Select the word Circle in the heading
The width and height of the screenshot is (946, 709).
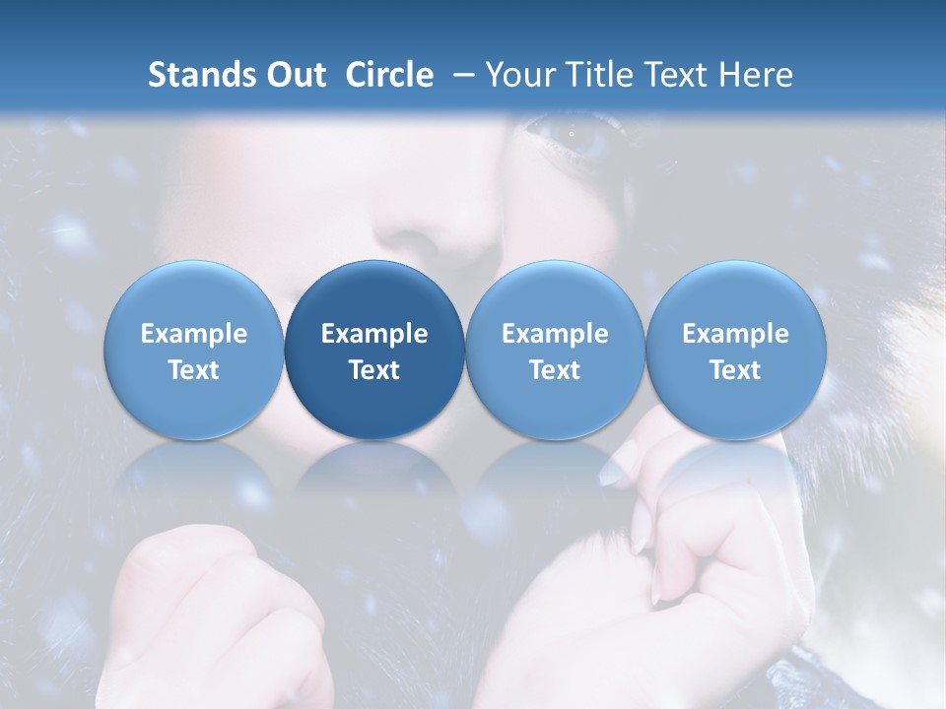(389, 75)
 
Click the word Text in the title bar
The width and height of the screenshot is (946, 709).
(679, 75)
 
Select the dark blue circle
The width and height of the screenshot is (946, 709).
(374, 350)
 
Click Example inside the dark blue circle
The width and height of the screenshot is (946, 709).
(374, 334)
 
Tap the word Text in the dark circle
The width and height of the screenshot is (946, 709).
(374, 370)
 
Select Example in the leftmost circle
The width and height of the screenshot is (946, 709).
(193, 334)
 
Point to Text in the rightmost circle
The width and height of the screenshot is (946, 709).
(735, 370)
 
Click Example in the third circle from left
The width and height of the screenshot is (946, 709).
(555, 334)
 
